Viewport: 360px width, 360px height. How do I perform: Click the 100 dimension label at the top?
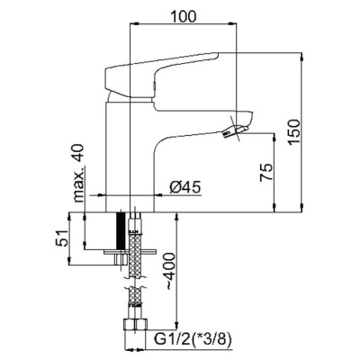[183, 16]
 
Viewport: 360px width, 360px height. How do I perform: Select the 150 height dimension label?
[293, 132]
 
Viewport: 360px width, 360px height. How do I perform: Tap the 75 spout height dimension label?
[266, 172]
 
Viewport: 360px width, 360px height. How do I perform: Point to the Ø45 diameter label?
[185, 187]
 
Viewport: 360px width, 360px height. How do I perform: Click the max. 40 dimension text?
[78, 173]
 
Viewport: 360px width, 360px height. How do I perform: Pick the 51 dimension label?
[62, 238]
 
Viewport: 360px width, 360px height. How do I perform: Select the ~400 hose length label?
[169, 272]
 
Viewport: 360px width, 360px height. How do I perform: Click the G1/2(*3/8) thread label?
[193, 340]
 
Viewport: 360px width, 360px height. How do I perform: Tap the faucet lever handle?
[160, 75]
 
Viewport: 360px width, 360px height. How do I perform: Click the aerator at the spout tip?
[235, 131]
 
